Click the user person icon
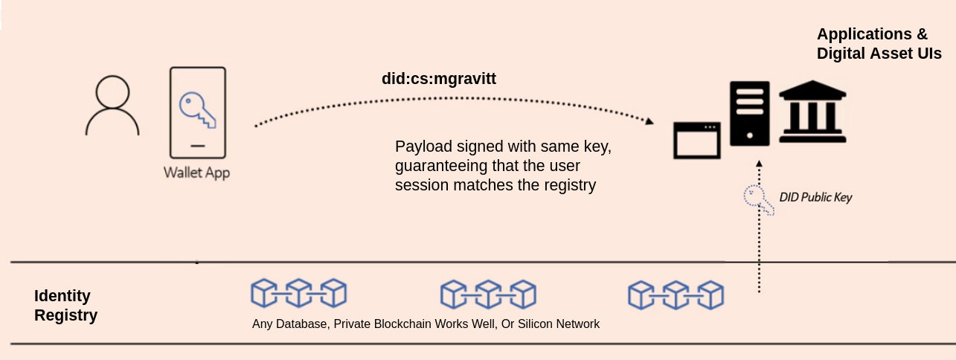[x=112, y=106]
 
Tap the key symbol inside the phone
[x=196, y=109]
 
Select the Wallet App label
[x=197, y=173]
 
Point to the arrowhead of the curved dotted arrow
[x=649, y=121]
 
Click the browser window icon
[x=697, y=141]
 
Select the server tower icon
[x=749, y=112]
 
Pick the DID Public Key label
[x=815, y=197]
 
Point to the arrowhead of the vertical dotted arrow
[x=759, y=162]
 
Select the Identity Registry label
[x=65, y=306]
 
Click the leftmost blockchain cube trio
[x=299, y=294]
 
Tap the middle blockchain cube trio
[x=488, y=294]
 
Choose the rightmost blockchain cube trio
[x=676, y=294]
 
